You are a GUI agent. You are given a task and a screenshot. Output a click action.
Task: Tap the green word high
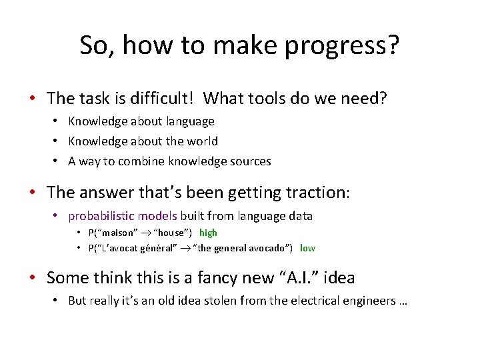[x=208, y=233]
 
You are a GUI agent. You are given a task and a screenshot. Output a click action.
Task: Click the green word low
[x=307, y=248]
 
